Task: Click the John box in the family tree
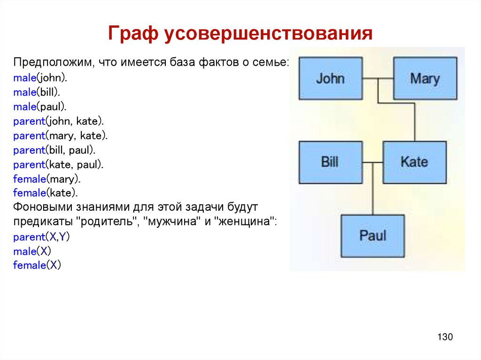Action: click(330, 78)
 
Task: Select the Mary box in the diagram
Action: click(425, 78)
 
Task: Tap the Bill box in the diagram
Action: click(330, 162)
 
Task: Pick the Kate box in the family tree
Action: click(414, 162)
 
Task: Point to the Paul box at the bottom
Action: click(372, 236)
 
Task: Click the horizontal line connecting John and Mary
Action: click(378, 78)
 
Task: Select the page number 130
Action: click(444, 337)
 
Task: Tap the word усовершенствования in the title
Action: click(268, 34)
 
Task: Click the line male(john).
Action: click(40, 78)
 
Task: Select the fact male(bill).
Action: click(37, 92)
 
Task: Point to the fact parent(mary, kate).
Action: click(61, 136)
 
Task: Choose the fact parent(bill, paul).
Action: click(54, 151)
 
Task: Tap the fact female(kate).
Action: click(46, 193)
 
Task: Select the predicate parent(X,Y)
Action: click(41, 237)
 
